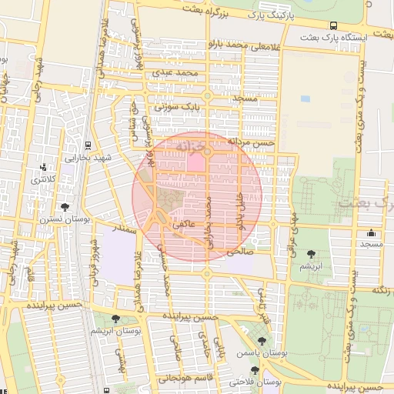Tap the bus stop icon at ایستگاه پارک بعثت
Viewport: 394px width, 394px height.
coord(332,25)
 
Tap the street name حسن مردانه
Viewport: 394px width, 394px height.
coord(251,143)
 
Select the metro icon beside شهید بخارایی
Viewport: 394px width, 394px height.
coord(88,145)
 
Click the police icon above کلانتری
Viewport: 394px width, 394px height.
coord(43,167)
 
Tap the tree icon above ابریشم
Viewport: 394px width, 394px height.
coord(311,254)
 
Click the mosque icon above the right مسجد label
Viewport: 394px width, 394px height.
coord(372,233)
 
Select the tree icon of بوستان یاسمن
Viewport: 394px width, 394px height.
coord(262,341)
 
